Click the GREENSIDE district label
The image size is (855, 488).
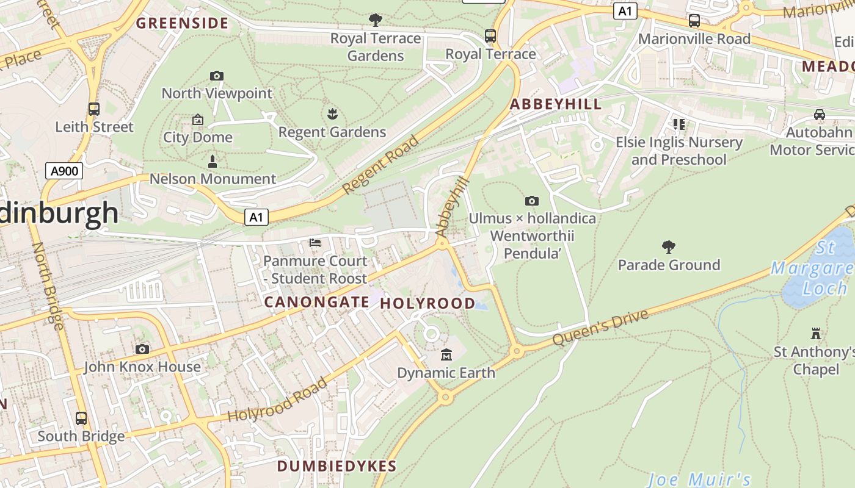pos(182,24)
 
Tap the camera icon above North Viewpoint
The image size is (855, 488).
pos(216,76)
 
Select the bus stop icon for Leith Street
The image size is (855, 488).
pos(93,109)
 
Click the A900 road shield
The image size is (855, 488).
pos(64,171)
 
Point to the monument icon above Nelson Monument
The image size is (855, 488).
pos(213,162)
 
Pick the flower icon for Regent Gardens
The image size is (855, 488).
pos(332,114)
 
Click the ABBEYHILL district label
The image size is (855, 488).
pos(556,104)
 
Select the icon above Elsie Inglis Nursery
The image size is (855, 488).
pos(679,124)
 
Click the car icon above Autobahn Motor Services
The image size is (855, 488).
pos(819,115)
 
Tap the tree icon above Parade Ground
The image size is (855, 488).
pos(669,247)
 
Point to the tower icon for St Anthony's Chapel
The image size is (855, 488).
pos(815,334)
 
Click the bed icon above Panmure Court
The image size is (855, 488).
pos(315,243)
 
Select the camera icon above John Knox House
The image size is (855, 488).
pos(142,349)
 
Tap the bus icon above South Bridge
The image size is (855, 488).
pos(81,418)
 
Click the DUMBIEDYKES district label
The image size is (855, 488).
pos(337,466)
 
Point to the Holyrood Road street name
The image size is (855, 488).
pos(278,400)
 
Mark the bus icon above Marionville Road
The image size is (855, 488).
pos(694,21)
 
